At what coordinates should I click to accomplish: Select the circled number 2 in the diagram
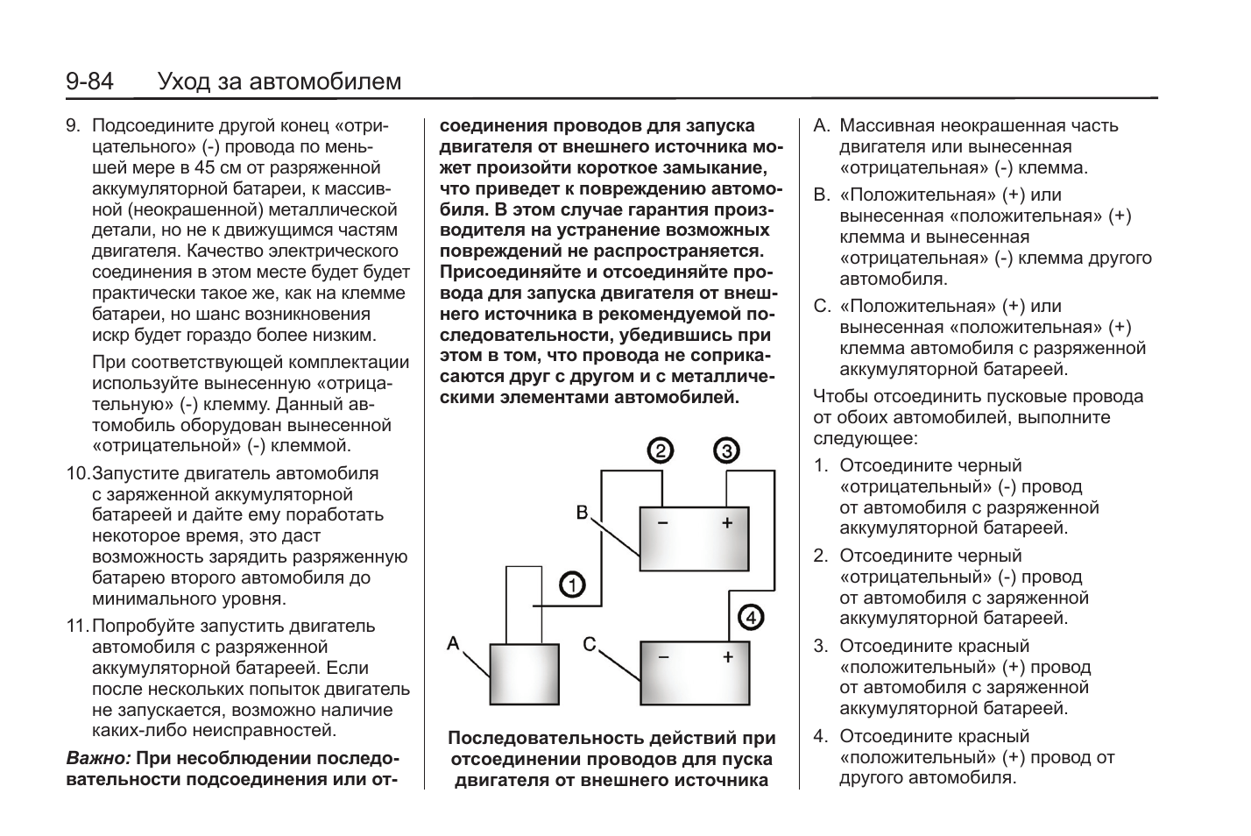[660, 451]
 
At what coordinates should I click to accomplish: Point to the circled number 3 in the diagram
[726, 451]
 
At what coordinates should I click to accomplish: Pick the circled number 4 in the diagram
[752, 617]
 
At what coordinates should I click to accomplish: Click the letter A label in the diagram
[453, 644]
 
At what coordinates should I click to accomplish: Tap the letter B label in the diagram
[582, 512]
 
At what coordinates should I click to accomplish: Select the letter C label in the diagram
[590, 645]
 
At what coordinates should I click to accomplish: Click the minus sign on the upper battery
[662, 524]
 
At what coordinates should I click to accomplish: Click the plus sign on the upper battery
[726, 524]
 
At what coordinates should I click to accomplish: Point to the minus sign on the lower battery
[662, 656]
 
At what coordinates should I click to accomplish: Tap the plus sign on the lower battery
[727, 656]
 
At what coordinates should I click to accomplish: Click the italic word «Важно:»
[98, 758]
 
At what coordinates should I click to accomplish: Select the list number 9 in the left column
[74, 125]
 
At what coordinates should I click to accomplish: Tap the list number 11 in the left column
[77, 626]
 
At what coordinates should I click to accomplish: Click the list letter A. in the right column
[822, 125]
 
